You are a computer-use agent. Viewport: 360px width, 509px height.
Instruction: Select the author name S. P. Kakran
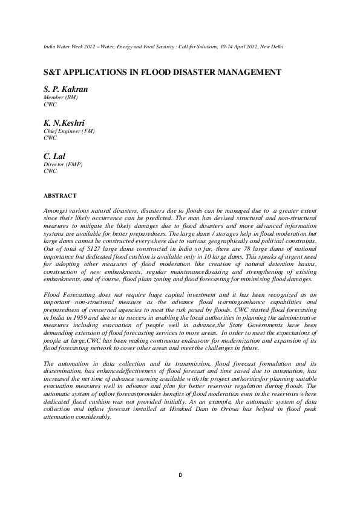66,89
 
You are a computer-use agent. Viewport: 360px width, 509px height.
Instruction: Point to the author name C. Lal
55,155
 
